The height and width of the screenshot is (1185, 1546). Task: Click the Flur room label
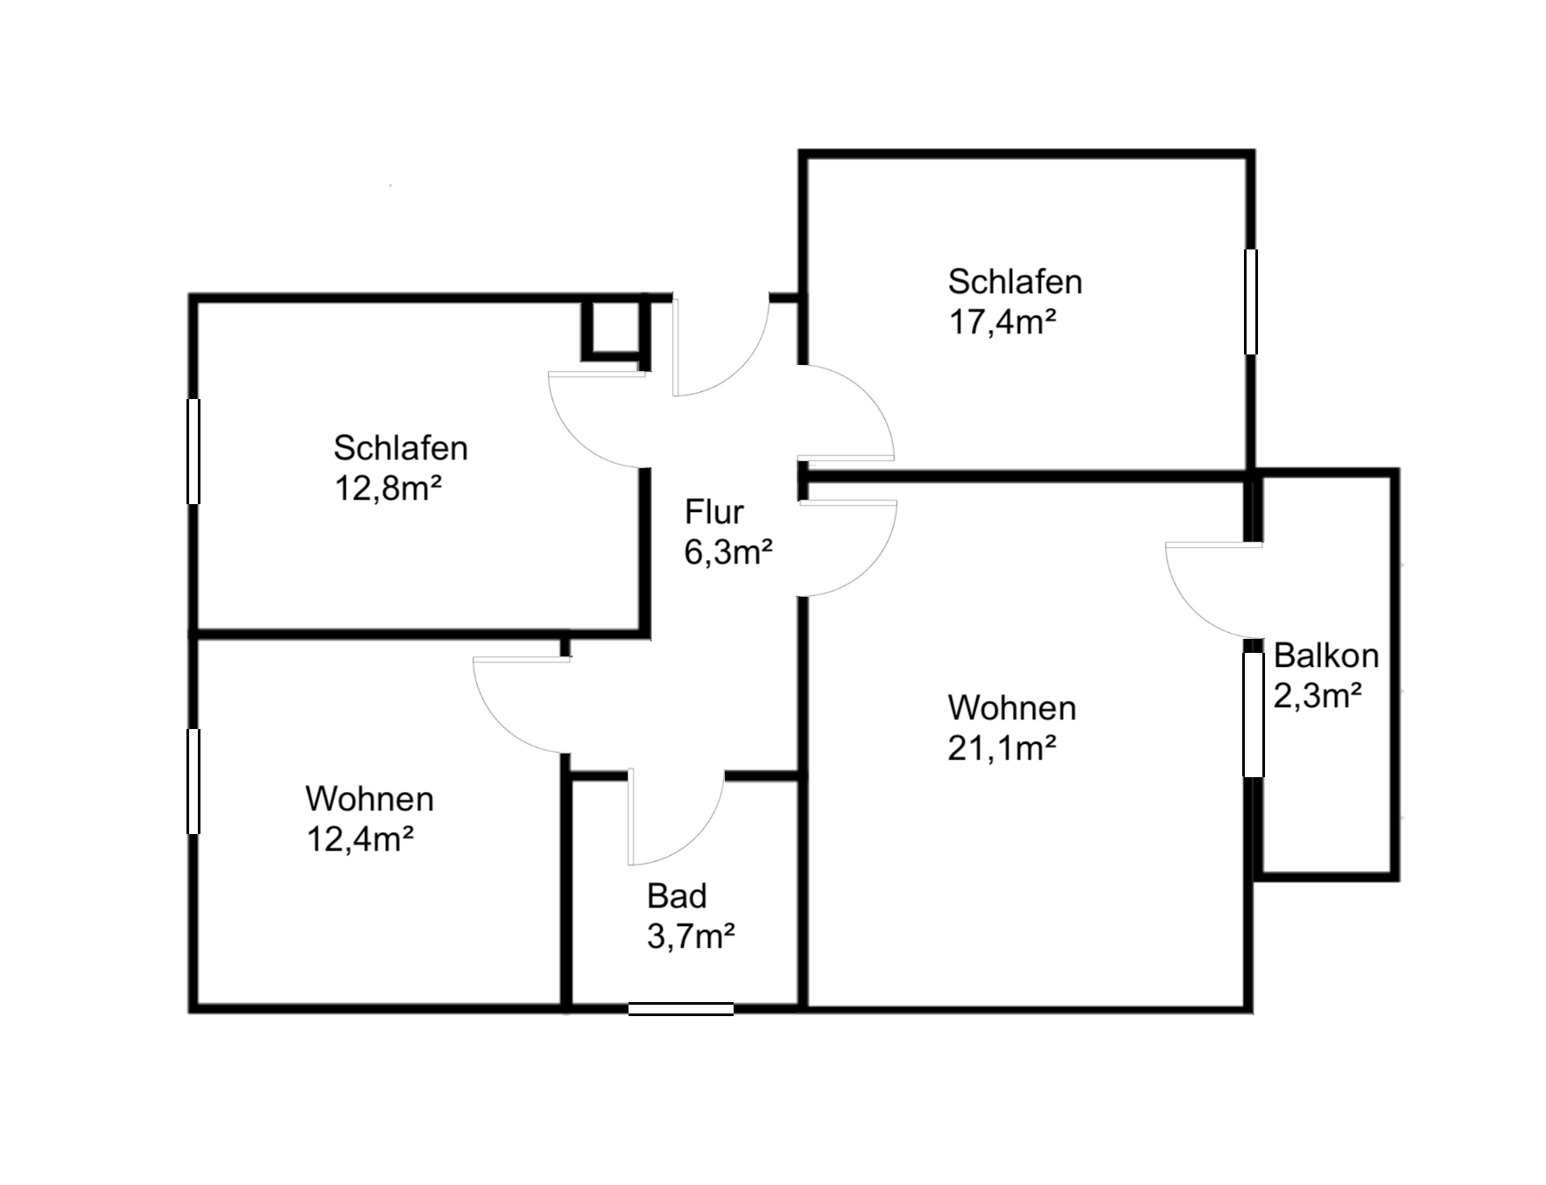713,512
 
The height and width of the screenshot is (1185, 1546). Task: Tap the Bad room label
677,896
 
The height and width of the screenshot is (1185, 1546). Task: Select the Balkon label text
1325,656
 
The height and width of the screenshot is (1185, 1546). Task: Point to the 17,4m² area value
1002,323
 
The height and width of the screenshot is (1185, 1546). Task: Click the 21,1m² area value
1001,749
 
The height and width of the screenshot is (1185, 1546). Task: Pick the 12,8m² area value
387,488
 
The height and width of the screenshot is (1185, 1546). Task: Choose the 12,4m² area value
359,840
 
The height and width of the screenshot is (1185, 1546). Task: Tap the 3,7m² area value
690,937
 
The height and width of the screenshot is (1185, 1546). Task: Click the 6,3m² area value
727,553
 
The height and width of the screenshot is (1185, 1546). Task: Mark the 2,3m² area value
1317,697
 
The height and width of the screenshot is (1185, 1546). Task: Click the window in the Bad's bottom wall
680,1009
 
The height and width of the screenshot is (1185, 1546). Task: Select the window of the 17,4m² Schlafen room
1251,301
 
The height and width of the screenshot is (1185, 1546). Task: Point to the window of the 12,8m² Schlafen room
193,451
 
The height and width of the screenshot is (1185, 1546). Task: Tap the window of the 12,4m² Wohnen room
193,781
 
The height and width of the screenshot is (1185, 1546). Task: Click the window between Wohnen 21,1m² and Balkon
1254,714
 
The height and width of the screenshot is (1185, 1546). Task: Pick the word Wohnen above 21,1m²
1011,708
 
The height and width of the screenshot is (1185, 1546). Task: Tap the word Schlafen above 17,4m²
1015,282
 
